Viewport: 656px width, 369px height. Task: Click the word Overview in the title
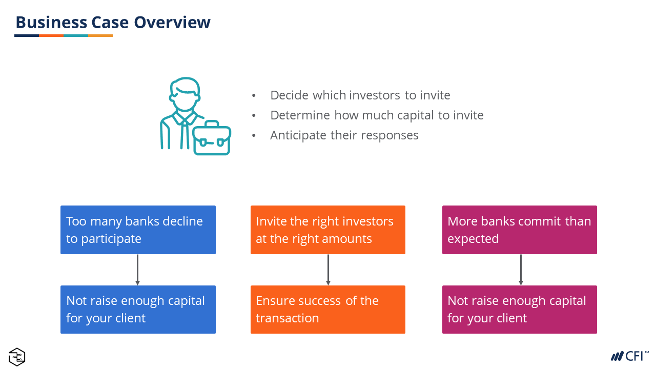172,22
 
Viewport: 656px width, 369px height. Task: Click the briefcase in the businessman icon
212,138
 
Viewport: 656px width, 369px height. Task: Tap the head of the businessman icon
184,94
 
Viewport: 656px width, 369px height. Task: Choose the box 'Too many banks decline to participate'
138,230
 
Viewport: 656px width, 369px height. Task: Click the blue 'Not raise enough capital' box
138,310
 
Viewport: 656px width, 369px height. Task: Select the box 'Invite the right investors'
328,230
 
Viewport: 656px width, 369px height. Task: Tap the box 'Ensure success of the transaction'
328,310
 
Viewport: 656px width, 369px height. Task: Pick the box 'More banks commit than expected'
520,230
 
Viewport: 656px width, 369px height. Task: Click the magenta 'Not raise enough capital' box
520,310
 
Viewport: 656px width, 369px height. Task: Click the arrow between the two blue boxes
138,270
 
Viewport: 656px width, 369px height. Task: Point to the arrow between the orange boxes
329,270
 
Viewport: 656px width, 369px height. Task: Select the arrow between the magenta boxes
521,270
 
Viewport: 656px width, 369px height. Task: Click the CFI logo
630,356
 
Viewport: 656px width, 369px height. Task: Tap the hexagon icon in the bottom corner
17,357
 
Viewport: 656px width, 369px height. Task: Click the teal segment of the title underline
76,36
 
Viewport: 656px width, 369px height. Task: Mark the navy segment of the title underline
27,36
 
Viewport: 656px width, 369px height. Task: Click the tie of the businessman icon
184,134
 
